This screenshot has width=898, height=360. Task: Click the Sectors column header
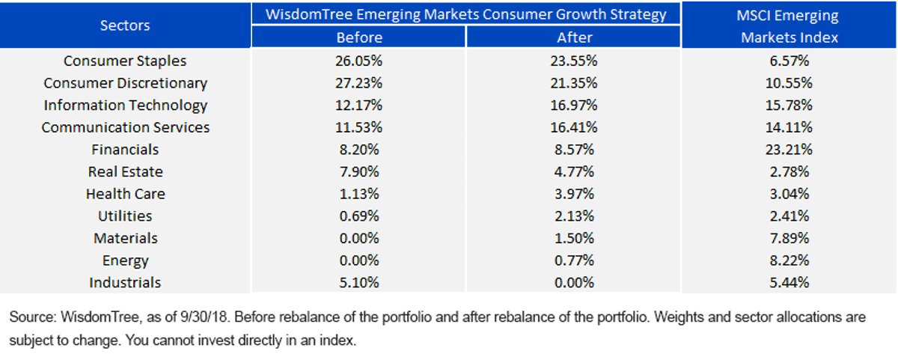(x=125, y=25)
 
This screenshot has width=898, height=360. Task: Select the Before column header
(x=359, y=37)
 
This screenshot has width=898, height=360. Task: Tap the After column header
(x=574, y=37)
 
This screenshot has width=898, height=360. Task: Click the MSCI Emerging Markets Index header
(x=789, y=26)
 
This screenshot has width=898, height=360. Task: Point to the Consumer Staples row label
(x=125, y=61)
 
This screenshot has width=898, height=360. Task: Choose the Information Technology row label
(x=125, y=105)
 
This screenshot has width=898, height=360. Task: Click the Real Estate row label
(x=125, y=171)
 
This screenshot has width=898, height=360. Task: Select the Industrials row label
(x=125, y=283)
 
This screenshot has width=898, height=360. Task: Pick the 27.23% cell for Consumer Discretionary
(x=358, y=83)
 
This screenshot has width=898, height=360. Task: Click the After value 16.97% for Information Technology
(x=574, y=105)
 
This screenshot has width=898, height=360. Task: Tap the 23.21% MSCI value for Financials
(x=789, y=150)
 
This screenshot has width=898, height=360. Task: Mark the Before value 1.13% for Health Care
(x=358, y=194)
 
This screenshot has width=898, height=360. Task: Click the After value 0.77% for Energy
(x=574, y=260)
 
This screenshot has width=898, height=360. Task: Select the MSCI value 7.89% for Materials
(x=789, y=238)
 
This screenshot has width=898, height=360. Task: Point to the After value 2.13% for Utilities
(x=574, y=216)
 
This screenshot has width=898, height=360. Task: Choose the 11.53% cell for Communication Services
(x=358, y=127)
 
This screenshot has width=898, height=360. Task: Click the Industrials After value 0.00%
(x=574, y=283)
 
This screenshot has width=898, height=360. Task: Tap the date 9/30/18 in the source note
(x=204, y=317)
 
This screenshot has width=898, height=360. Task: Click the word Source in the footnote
(x=33, y=317)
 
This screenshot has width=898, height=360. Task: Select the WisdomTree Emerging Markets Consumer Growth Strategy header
(x=465, y=14)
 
